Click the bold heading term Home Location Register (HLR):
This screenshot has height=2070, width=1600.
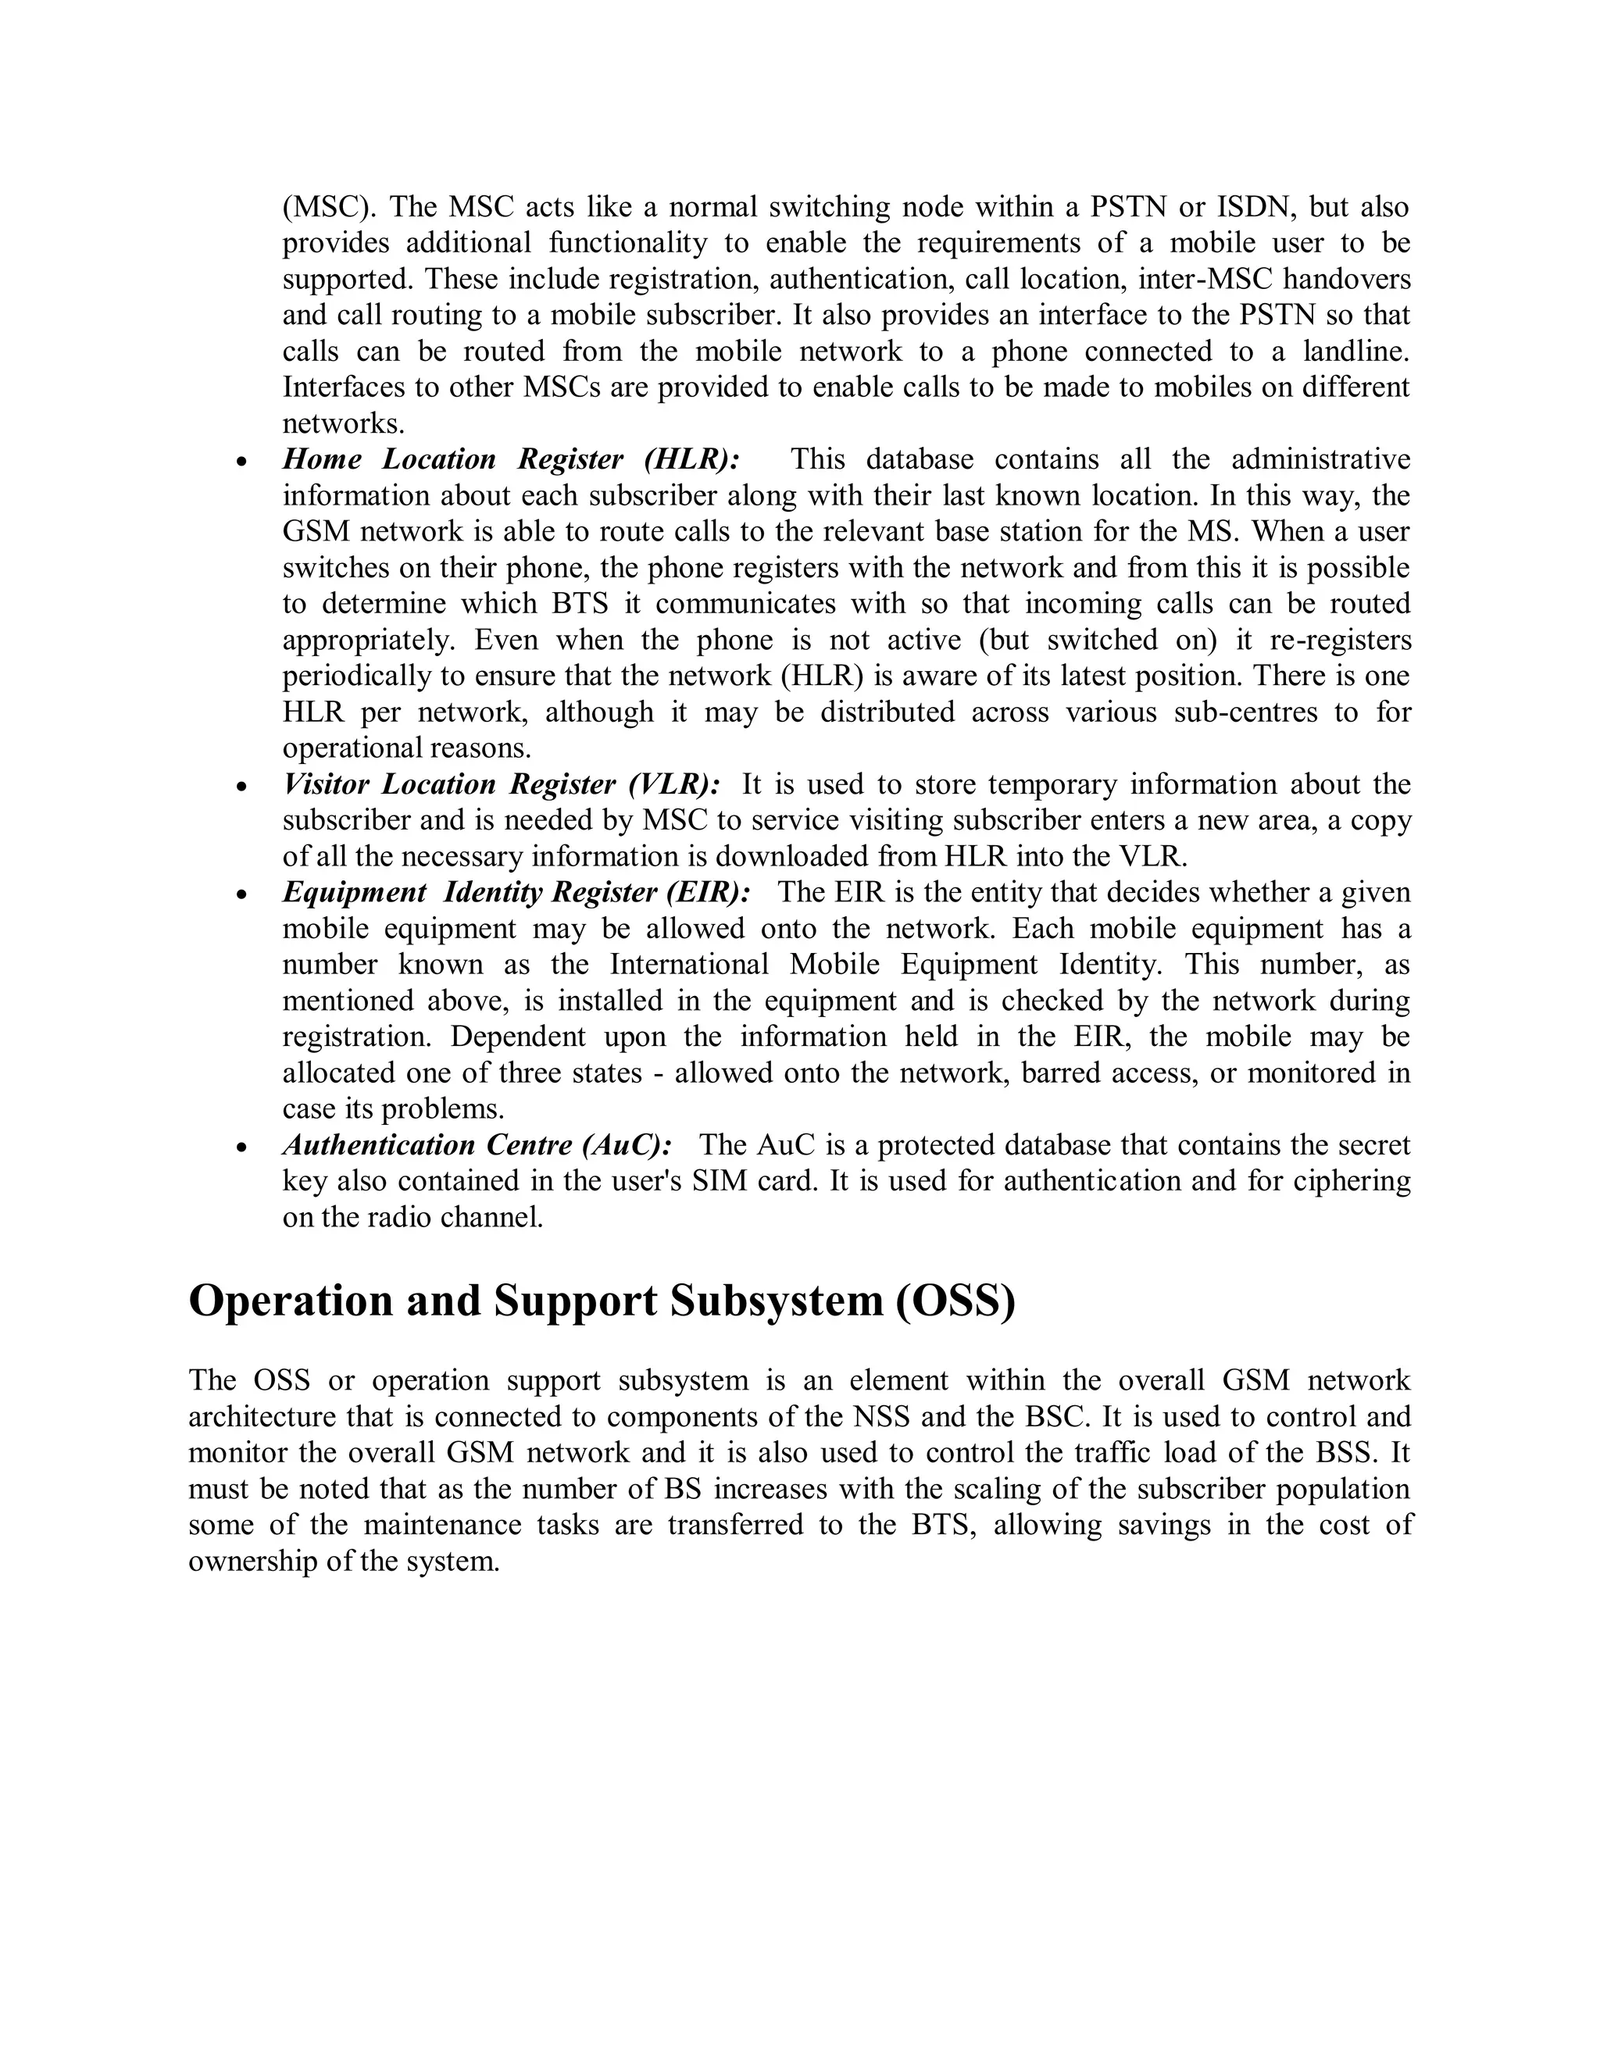pyautogui.click(x=511, y=459)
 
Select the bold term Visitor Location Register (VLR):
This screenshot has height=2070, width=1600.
pyautogui.click(x=502, y=785)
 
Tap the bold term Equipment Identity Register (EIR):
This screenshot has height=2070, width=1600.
pyautogui.click(x=516, y=893)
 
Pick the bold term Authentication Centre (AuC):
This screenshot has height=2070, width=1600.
pyautogui.click(x=477, y=1145)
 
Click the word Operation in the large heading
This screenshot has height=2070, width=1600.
pyautogui.click(x=290, y=1301)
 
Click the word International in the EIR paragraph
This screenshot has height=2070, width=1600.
pyautogui.click(x=689, y=965)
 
